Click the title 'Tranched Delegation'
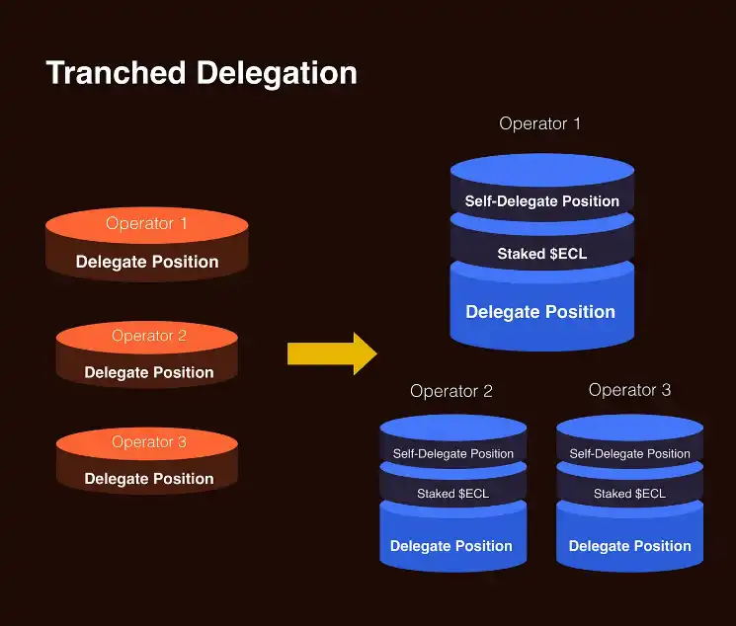(x=202, y=73)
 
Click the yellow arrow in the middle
(x=331, y=353)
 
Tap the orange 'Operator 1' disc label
(x=146, y=224)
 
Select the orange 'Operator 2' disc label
(x=148, y=336)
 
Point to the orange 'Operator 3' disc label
(x=148, y=442)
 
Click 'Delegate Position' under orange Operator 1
(x=147, y=262)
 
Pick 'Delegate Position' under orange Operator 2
(x=149, y=372)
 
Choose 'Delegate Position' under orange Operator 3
(x=149, y=479)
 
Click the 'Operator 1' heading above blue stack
(x=539, y=123)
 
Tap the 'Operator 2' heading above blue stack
(x=451, y=391)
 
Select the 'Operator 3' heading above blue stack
(x=629, y=390)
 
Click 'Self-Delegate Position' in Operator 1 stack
(x=542, y=201)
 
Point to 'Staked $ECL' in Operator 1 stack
(x=541, y=254)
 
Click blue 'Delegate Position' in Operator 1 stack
(x=540, y=312)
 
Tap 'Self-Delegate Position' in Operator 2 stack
(x=453, y=454)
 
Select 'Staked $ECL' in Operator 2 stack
(x=452, y=494)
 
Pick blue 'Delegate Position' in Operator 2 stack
(x=451, y=546)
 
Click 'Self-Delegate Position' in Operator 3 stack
(x=630, y=454)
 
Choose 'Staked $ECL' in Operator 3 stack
(x=629, y=494)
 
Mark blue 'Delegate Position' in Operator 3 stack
(x=630, y=546)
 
